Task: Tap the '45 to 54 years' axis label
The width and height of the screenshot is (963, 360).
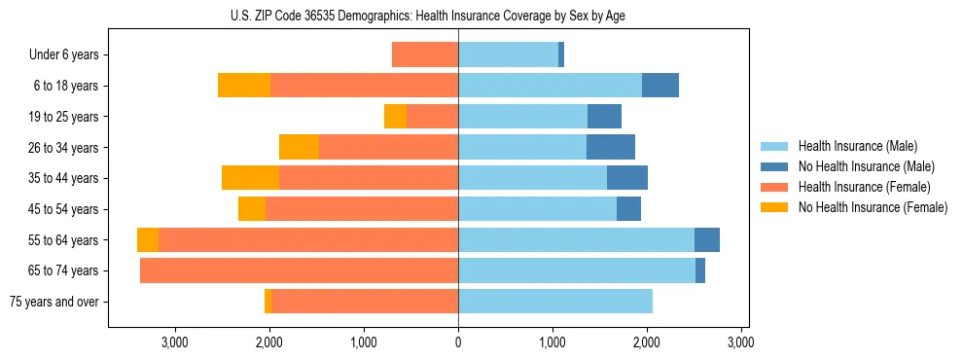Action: [60, 209]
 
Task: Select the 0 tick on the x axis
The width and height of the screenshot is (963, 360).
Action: [458, 342]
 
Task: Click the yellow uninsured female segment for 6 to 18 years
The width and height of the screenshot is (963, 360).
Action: [244, 86]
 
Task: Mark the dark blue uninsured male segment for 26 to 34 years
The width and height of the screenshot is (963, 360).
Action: [611, 147]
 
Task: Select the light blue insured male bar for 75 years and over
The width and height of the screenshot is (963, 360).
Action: [555, 302]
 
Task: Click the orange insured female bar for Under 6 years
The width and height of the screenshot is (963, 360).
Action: [425, 54]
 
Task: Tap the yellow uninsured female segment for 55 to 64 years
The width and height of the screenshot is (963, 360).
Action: [148, 240]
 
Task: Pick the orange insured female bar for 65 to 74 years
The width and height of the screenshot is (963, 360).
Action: [299, 270]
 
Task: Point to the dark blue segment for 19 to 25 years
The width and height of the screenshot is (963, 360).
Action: [604, 117]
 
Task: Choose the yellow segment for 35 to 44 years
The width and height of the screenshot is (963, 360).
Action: [250, 178]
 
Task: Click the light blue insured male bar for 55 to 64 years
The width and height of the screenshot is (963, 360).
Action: [576, 240]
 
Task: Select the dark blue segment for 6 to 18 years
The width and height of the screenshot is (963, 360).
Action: [660, 86]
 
